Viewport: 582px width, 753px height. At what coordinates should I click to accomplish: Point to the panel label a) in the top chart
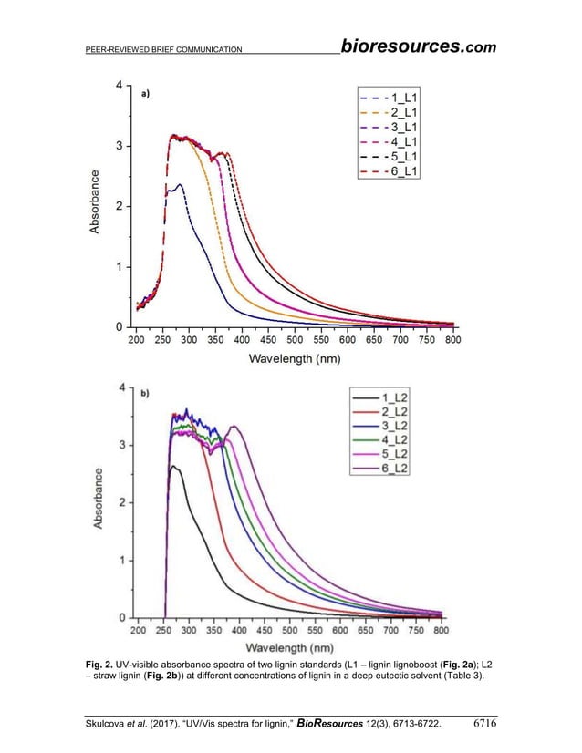146,93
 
